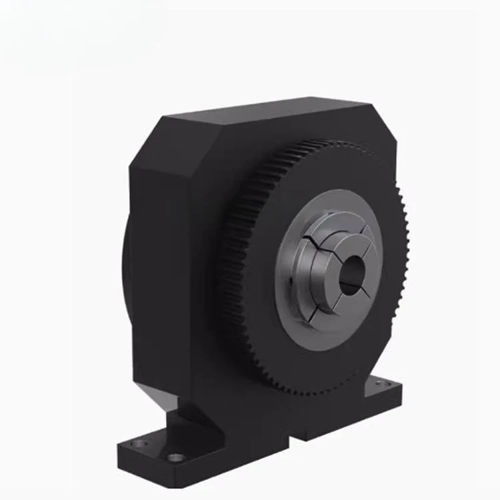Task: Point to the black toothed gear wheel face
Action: tap(260, 200)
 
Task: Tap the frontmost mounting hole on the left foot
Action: tap(176, 457)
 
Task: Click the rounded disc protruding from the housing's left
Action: tap(126, 280)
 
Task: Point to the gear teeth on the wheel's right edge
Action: tap(405, 267)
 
